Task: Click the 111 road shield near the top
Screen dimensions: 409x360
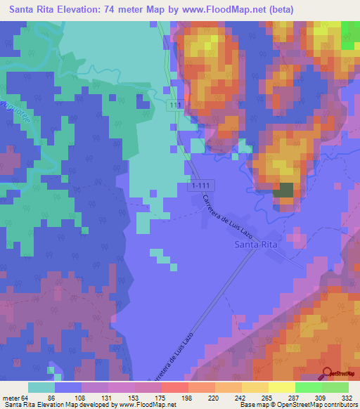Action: click(175, 105)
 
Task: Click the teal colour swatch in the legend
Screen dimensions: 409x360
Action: click(41, 387)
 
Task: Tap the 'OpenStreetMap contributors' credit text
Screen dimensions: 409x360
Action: click(318, 404)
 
